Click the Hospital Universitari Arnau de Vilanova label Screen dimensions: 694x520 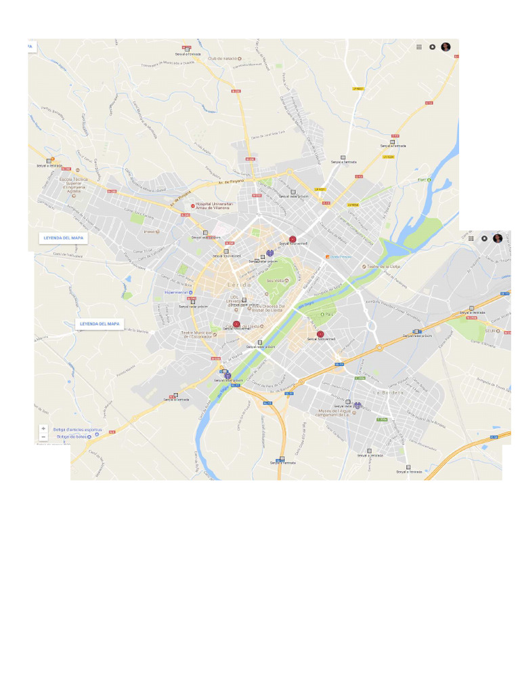(215, 205)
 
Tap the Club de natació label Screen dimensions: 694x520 (224, 59)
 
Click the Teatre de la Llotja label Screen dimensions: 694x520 (385, 266)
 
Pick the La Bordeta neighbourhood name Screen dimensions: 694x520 (388, 392)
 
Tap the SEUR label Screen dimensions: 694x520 (492, 331)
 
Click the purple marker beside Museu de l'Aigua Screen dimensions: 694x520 (357, 406)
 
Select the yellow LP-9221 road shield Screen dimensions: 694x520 (320, 190)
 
